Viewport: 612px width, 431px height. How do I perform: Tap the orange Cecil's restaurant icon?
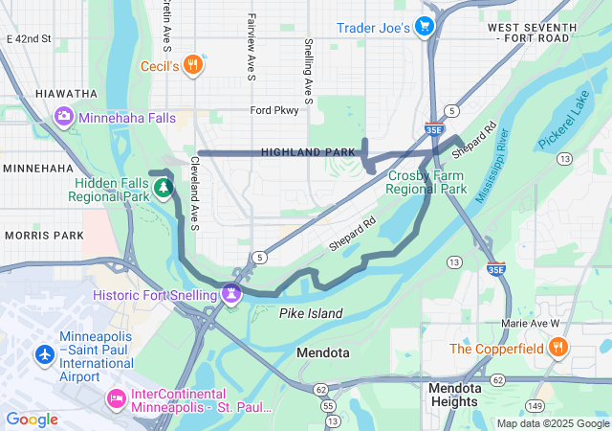click(x=192, y=65)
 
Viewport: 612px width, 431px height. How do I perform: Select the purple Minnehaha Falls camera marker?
click(x=63, y=117)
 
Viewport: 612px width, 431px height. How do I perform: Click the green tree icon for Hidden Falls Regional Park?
click(x=164, y=187)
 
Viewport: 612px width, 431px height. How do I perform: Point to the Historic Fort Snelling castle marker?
click(x=230, y=293)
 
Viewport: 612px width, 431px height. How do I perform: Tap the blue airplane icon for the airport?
click(x=44, y=354)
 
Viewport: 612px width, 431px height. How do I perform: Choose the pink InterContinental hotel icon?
click(x=116, y=397)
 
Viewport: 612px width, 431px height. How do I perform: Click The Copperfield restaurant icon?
click(x=558, y=348)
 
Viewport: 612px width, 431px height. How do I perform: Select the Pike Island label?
click(x=311, y=313)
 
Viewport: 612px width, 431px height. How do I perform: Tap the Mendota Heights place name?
click(x=455, y=395)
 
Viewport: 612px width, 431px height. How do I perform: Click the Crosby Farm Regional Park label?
click(x=426, y=182)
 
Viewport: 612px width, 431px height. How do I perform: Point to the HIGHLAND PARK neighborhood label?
click(x=307, y=152)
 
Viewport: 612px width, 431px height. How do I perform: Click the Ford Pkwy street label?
click(x=274, y=110)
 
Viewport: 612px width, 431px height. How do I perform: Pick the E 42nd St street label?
click(x=28, y=39)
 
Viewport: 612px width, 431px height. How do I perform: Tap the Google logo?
click(x=32, y=419)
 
